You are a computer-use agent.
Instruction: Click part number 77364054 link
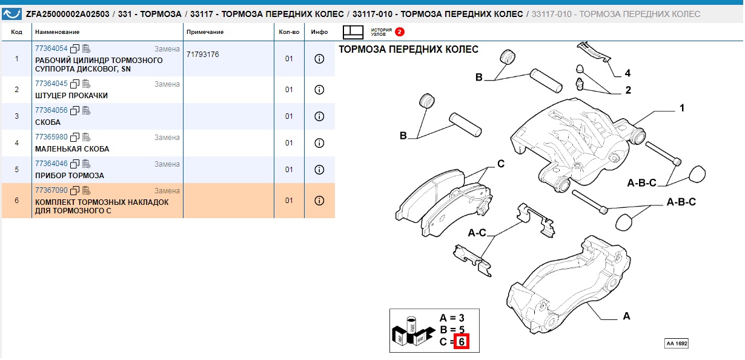coord(51,48)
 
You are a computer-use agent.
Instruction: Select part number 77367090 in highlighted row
coord(51,190)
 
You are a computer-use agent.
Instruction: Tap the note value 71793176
coord(202,55)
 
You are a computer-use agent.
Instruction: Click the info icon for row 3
coord(319,116)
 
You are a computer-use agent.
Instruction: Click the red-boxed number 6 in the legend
coord(462,342)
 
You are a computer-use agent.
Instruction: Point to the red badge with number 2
coord(399,32)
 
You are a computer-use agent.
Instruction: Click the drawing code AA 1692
coord(677,344)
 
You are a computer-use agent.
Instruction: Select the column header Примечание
coord(205,32)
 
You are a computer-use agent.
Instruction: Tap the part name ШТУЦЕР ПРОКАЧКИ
coord(71,96)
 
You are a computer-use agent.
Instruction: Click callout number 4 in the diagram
coord(627,73)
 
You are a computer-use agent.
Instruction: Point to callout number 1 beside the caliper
coord(682,108)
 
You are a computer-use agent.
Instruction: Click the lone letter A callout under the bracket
coord(626,316)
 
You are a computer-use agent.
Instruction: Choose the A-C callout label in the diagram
coord(477,233)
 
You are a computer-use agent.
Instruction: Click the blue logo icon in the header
coord(12,14)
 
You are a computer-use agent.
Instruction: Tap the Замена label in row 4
coord(167,138)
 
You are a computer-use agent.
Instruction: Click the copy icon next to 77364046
coord(75,164)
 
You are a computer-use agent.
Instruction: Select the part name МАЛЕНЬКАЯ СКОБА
coord(72,149)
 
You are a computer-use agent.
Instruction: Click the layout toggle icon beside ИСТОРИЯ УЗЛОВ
coord(353,32)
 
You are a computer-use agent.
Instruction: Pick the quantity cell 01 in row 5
coord(289,170)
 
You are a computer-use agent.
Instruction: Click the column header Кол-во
coord(289,32)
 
